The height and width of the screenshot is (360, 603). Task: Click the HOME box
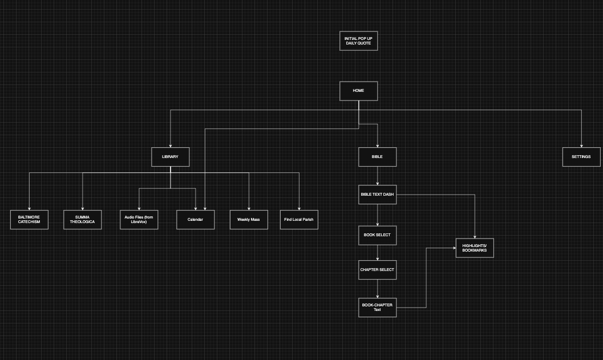pos(358,91)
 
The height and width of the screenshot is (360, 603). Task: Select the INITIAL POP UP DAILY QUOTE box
pos(358,41)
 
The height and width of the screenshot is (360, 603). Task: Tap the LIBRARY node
pos(170,157)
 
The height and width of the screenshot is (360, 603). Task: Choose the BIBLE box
pos(377,157)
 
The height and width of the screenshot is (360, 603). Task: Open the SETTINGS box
pos(581,157)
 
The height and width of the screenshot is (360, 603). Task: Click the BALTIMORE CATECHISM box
pos(29,220)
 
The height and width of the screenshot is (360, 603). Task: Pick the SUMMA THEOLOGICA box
pos(83,220)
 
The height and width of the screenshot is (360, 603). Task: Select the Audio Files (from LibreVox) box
pos(139,220)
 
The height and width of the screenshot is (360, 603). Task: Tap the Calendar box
pos(195,220)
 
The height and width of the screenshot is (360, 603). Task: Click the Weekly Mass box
pos(249,220)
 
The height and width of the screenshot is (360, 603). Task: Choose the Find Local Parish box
pos(299,220)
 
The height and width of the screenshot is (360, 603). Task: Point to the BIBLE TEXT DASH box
pos(377,195)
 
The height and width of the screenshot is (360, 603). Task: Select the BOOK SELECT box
pos(377,234)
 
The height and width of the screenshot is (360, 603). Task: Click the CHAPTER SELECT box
pos(377,270)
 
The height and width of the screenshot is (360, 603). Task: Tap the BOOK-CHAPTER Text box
pos(377,308)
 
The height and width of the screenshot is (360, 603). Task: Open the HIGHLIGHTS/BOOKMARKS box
pos(475,248)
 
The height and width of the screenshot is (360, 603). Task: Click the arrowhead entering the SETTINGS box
pos(581,145)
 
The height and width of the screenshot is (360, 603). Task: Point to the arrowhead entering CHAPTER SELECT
pos(377,259)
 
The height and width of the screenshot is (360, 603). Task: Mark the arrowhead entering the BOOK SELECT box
pos(377,224)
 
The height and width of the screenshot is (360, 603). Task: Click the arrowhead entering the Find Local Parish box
pos(299,208)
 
